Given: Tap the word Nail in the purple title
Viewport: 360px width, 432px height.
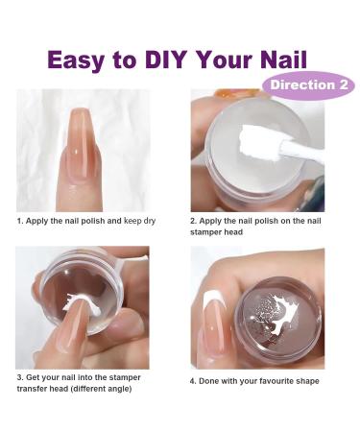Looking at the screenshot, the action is tap(283, 60).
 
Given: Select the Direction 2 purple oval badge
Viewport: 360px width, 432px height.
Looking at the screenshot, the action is tap(308, 85).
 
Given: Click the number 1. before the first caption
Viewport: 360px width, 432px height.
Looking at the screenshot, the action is tap(20, 221).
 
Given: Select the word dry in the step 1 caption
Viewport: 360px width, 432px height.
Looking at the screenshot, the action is tap(149, 222).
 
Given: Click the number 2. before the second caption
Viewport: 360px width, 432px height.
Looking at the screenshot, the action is tap(193, 221).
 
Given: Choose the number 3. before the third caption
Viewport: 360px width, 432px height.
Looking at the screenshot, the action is tap(20, 377).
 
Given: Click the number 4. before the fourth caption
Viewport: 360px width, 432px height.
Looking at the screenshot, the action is tap(193, 381).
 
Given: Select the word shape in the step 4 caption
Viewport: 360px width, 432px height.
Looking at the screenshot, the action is tap(308, 382).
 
